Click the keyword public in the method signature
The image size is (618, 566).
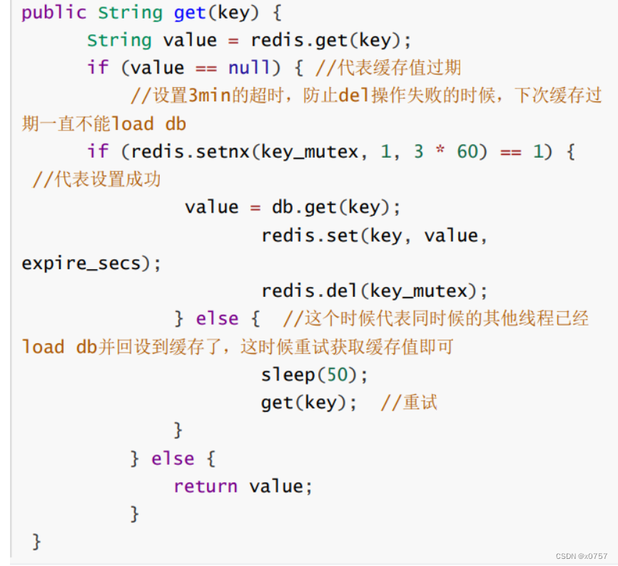click(54, 13)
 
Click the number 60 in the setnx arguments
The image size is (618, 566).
click(467, 151)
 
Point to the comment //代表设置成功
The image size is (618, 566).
click(97, 179)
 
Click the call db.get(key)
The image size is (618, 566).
click(336, 207)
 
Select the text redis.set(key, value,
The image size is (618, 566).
click(374, 235)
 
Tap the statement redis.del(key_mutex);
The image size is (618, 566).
click(375, 290)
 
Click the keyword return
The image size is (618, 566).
click(206, 486)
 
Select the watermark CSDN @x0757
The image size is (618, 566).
click(582, 556)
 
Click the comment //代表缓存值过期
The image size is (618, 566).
click(388, 68)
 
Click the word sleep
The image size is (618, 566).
click(288, 375)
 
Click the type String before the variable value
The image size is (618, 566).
click(119, 40)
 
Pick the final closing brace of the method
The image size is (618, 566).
click(36, 542)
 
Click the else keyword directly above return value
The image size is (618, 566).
click(173, 458)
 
